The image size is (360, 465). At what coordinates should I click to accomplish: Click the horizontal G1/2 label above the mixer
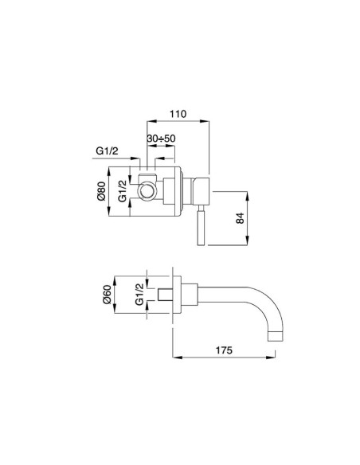108,150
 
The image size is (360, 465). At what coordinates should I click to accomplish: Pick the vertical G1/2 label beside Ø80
124,192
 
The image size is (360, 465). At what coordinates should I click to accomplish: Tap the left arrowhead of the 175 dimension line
174,355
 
